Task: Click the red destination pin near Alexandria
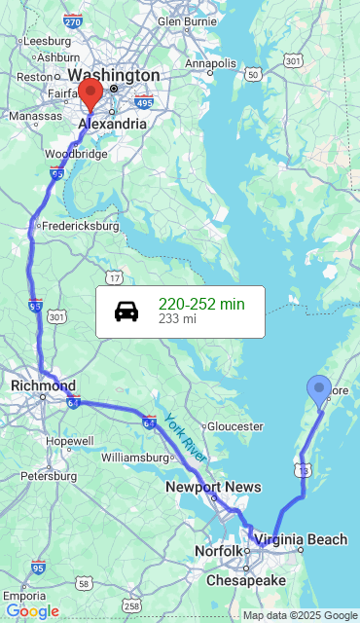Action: click(x=90, y=95)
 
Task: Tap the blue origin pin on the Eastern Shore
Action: click(x=318, y=390)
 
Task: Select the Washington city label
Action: click(x=114, y=75)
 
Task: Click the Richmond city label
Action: click(x=43, y=385)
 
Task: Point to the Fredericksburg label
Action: click(x=79, y=226)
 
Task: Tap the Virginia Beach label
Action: click(x=301, y=539)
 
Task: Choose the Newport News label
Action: click(x=213, y=487)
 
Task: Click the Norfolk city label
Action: click(x=218, y=551)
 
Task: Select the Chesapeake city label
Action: click(x=245, y=580)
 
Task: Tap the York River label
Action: click(x=185, y=437)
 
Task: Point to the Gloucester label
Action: click(x=235, y=426)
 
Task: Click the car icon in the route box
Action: click(x=126, y=311)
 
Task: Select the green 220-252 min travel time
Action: click(x=201, y=304)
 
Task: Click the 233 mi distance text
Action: click(x=177, y=319)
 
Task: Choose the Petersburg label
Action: click(x=49, y=476)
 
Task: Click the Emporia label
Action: click(x=25, y=595)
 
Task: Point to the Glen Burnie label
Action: click(x=187, y=19)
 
